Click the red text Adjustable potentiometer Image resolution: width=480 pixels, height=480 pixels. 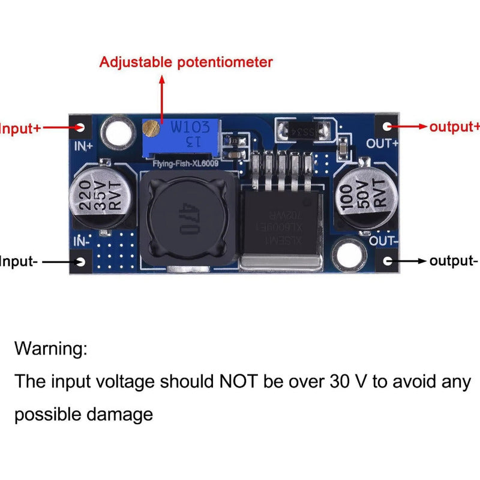click(x=186, y=62)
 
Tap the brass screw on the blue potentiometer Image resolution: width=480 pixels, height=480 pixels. click(x=152, y=127)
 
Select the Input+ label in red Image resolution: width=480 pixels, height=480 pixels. click(x=20, y=128)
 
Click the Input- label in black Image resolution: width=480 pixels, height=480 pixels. click(x=18, y=262)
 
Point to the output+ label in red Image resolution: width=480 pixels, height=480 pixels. click(x=454, y=127)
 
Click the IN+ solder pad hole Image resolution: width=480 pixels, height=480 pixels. click(x=81, y=127)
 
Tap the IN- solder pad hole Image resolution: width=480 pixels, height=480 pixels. click(x=81, y=262)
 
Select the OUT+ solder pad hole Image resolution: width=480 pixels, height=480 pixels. click(x=387, y=127)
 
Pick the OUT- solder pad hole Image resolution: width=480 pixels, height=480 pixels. click(x=387, y=261)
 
